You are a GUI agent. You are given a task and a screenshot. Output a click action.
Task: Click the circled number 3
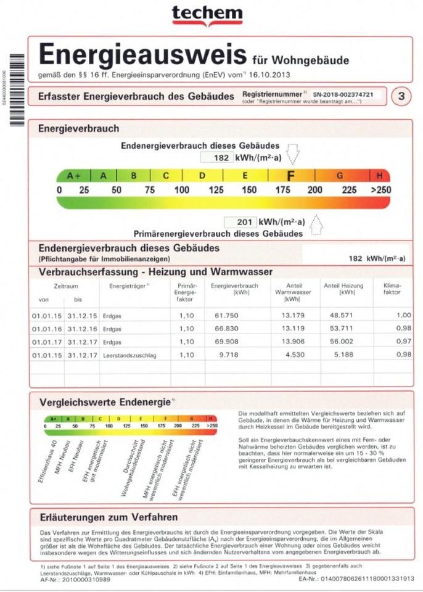[401, 96]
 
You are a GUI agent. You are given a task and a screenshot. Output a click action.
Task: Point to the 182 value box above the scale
[215, 157]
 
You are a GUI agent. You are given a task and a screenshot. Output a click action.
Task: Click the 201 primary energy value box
[239, 222]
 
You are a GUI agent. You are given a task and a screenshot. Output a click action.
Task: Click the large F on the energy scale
[290, 176]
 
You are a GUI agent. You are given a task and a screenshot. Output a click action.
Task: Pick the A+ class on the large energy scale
[75, 176]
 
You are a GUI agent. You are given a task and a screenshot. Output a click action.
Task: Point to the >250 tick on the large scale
[380, 190]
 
